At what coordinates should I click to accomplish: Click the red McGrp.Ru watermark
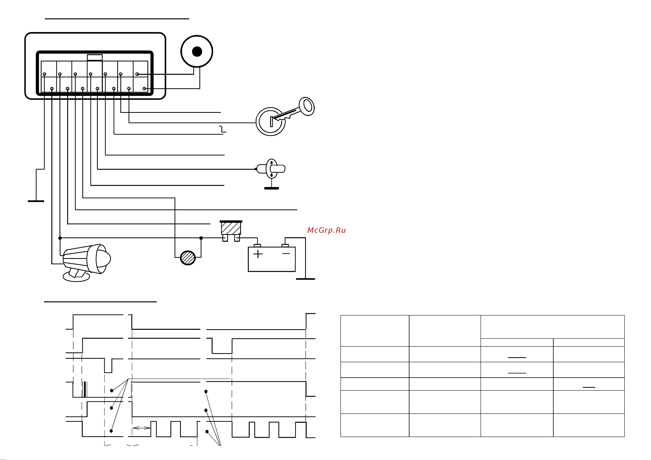tap(326, 230)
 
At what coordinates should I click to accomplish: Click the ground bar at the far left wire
tap(36, 201)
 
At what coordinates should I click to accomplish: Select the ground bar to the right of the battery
tap(305, 279)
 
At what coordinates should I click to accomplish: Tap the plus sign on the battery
tap(258, 254)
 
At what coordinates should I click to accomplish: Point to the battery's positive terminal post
tap(257, 245)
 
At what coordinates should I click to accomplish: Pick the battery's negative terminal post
tap(285, 245)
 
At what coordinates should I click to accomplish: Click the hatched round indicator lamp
tap(188, 258)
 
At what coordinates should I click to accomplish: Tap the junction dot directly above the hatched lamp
tap(201, 238)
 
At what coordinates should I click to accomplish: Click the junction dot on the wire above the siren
tap(60, 238)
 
